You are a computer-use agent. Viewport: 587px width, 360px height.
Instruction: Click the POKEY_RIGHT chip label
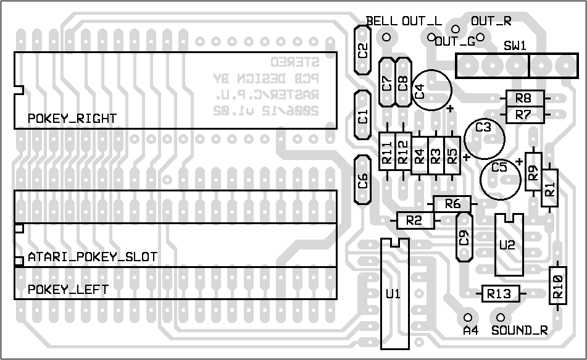(x=72, y=119)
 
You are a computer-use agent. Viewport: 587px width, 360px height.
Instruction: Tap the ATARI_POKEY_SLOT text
(x=93, y=256)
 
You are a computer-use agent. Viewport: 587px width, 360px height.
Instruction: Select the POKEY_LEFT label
(x=68, y=290)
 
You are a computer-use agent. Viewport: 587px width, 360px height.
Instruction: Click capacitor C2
(x=363, y=50)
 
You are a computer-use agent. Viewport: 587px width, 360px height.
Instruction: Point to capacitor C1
(x=363, y=115)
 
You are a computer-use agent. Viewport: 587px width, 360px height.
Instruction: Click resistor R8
(x=524, y=98)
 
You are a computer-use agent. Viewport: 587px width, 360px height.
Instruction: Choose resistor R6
(x=452, y=204)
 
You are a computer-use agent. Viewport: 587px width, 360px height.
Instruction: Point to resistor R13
(x=499, y=294)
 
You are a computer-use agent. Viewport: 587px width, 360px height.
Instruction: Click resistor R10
(x=557, y=285)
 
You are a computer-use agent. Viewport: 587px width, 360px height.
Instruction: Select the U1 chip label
(x=393, y=294)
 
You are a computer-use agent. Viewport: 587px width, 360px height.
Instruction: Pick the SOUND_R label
(x=519, y=330)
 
